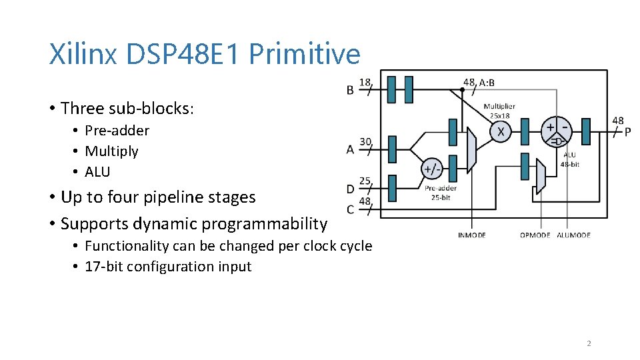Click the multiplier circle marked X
501,132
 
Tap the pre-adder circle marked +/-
432,169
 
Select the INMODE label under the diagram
472,235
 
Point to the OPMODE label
535,235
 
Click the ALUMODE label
573,235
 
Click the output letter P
627,132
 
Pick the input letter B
350,90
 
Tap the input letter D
350,189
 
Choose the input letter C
350,209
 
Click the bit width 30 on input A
365,141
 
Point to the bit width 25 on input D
365,181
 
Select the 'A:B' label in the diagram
487,83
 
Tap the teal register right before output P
586,131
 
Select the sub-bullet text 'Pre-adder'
117,131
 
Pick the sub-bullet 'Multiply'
111,151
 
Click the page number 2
589,343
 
